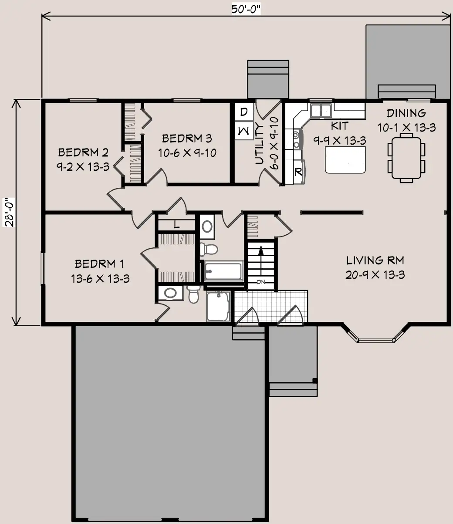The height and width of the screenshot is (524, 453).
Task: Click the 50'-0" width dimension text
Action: [246, 10]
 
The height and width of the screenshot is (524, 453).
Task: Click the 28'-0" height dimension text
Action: [10, 212]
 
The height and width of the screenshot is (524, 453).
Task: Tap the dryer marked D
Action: [244, 112]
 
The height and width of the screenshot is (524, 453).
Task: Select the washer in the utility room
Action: [244, 131]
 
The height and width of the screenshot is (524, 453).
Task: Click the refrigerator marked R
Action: [299, 172]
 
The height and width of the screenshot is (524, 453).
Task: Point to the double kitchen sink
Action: [321, 111]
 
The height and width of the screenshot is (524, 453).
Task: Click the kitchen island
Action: [345, 160]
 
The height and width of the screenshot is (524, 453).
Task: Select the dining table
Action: [406, 158]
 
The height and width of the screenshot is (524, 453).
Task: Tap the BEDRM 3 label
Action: [187, 139]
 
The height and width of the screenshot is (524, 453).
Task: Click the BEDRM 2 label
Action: [83, 152]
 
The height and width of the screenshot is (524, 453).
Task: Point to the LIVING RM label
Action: [375, 260]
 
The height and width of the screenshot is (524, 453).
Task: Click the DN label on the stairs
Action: [261, 282]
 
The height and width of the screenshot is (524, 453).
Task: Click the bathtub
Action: [223, 271]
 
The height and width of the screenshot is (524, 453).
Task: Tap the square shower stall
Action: [218, 306]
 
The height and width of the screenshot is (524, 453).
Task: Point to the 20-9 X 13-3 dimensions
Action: [375, 275]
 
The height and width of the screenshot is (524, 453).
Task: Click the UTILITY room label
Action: [260, 143]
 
